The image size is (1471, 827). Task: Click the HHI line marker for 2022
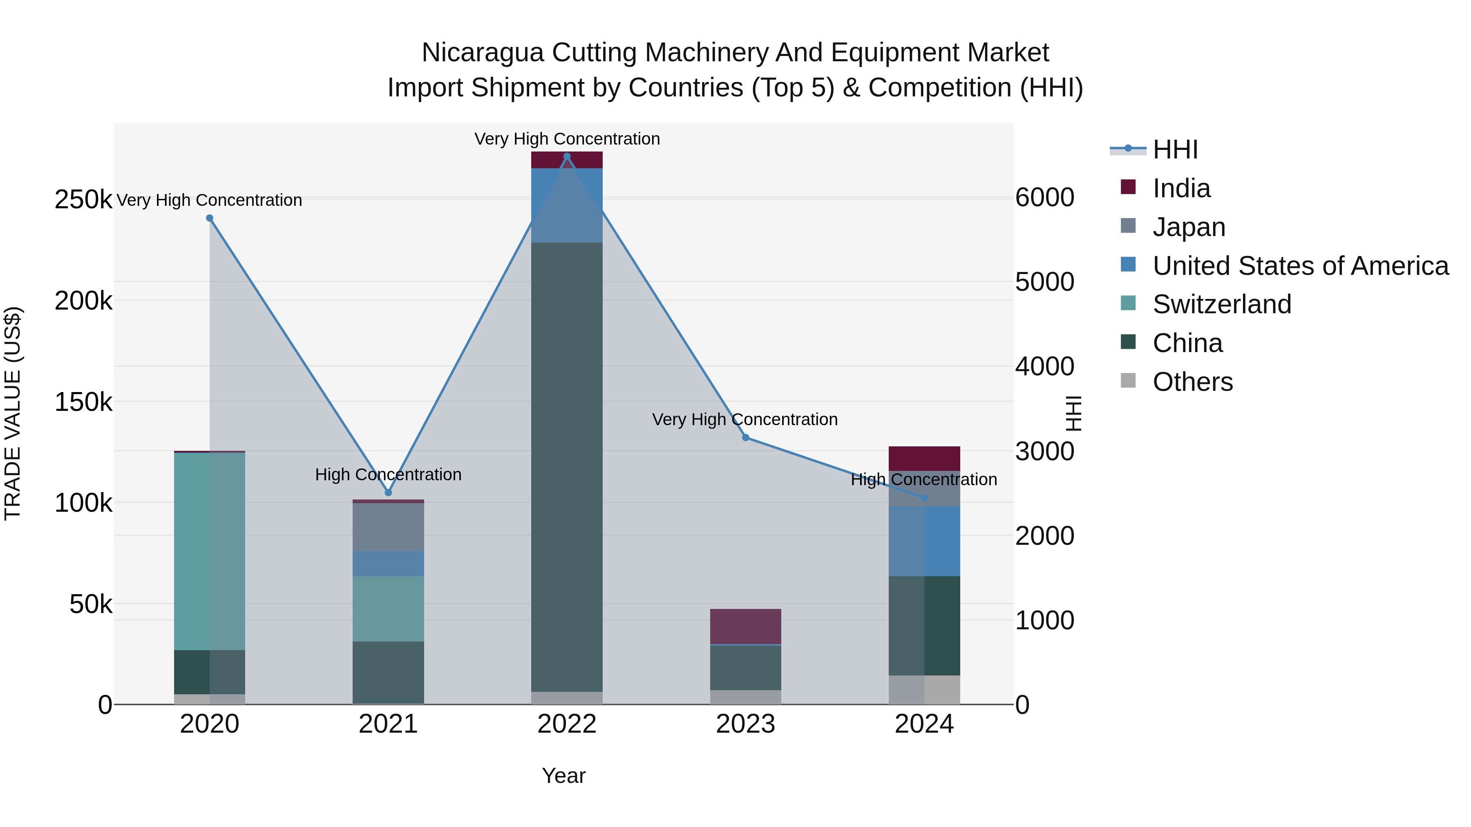coord(566,156)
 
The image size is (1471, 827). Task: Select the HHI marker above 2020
coord(210,218)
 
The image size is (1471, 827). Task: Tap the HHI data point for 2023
coord(745,438)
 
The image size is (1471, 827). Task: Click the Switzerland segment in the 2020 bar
coord(210,551)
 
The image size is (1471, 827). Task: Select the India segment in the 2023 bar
coord(745,626)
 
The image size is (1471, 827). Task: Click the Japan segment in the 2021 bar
coord(388,526)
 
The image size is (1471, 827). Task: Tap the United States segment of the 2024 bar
coord(924,541)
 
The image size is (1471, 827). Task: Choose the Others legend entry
coord(1192,382)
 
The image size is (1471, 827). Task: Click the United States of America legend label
coord(1300,266)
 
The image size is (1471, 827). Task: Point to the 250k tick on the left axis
coord(83,200)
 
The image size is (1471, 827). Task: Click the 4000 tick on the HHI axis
coord(1044,366)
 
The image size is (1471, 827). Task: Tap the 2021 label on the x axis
coord(388,724)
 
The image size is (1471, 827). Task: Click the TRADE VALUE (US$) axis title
coord(13,413)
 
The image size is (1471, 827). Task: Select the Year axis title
coord(563,776)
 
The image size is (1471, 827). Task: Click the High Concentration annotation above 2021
coord(388,474)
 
